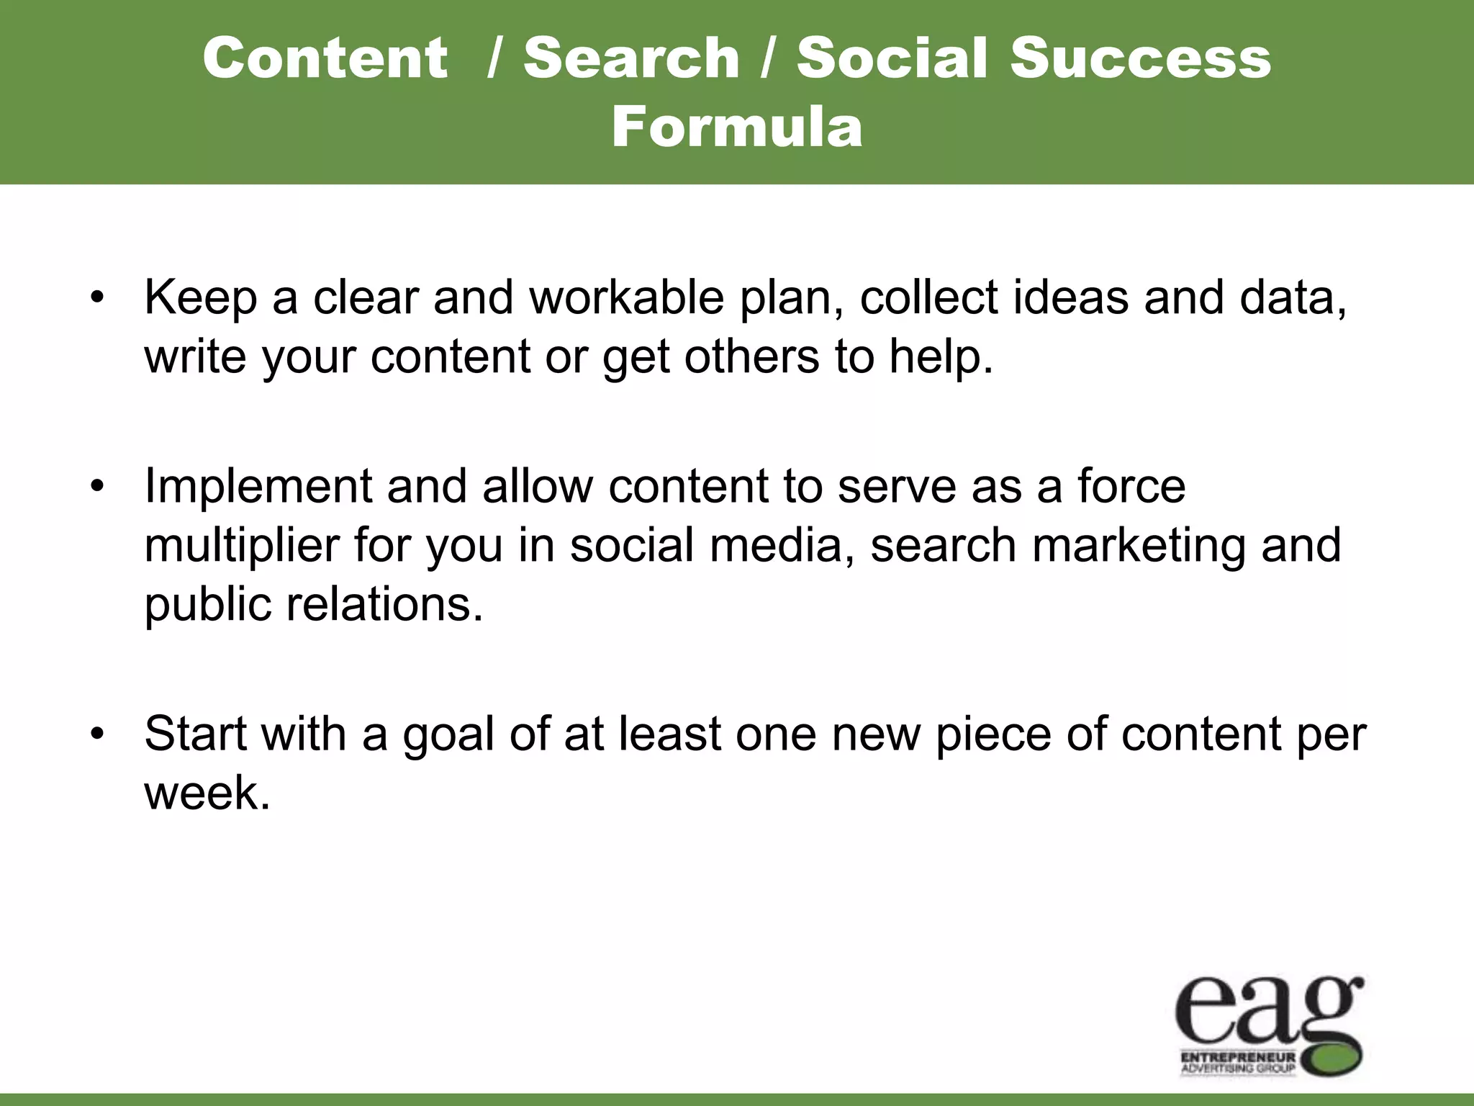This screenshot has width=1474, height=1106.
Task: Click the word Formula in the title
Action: (737, 127)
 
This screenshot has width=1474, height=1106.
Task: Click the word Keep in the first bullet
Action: (201, 297)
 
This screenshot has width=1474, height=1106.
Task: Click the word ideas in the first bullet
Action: (1071, 297)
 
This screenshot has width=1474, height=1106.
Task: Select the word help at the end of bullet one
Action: (940, 356)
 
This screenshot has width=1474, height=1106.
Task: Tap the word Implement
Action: (258, 486)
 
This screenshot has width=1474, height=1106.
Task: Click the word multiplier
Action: (242, 545)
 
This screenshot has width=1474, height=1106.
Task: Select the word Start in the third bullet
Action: (195, 734)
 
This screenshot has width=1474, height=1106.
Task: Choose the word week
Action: (207, 793)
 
